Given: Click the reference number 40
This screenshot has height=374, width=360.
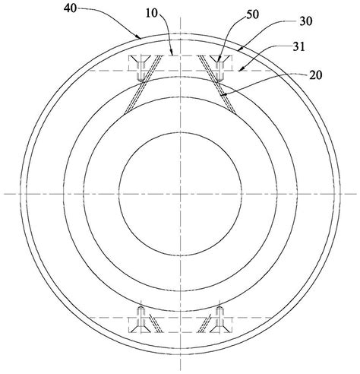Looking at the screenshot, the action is click(70, 8).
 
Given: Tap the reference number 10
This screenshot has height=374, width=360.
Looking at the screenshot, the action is click(152, 14).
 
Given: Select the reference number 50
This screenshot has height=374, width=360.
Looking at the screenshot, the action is click(252, 14).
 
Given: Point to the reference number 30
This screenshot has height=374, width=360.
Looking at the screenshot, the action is click(306, 21).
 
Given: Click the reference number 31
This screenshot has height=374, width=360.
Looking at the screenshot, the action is click(298, 47).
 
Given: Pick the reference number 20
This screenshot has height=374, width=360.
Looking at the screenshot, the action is click(316, 75).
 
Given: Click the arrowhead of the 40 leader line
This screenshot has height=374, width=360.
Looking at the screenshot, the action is click(138, 37).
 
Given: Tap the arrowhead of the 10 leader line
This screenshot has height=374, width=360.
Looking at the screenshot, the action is click(172, 52).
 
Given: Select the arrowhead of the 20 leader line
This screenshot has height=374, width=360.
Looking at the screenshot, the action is click(223, 96).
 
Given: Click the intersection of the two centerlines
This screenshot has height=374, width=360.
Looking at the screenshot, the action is click(180, 194).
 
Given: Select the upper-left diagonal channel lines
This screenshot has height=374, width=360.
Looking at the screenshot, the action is click(143, 84).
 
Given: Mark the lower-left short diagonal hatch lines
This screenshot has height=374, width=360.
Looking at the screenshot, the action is click(154, 323).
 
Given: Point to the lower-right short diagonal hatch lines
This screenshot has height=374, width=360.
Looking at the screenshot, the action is click(204, 323).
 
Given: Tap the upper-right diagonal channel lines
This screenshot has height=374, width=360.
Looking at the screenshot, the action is click(217, 84).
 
